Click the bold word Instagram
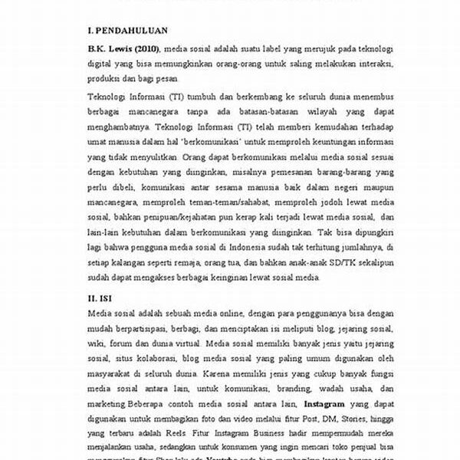tap(304, 402)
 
